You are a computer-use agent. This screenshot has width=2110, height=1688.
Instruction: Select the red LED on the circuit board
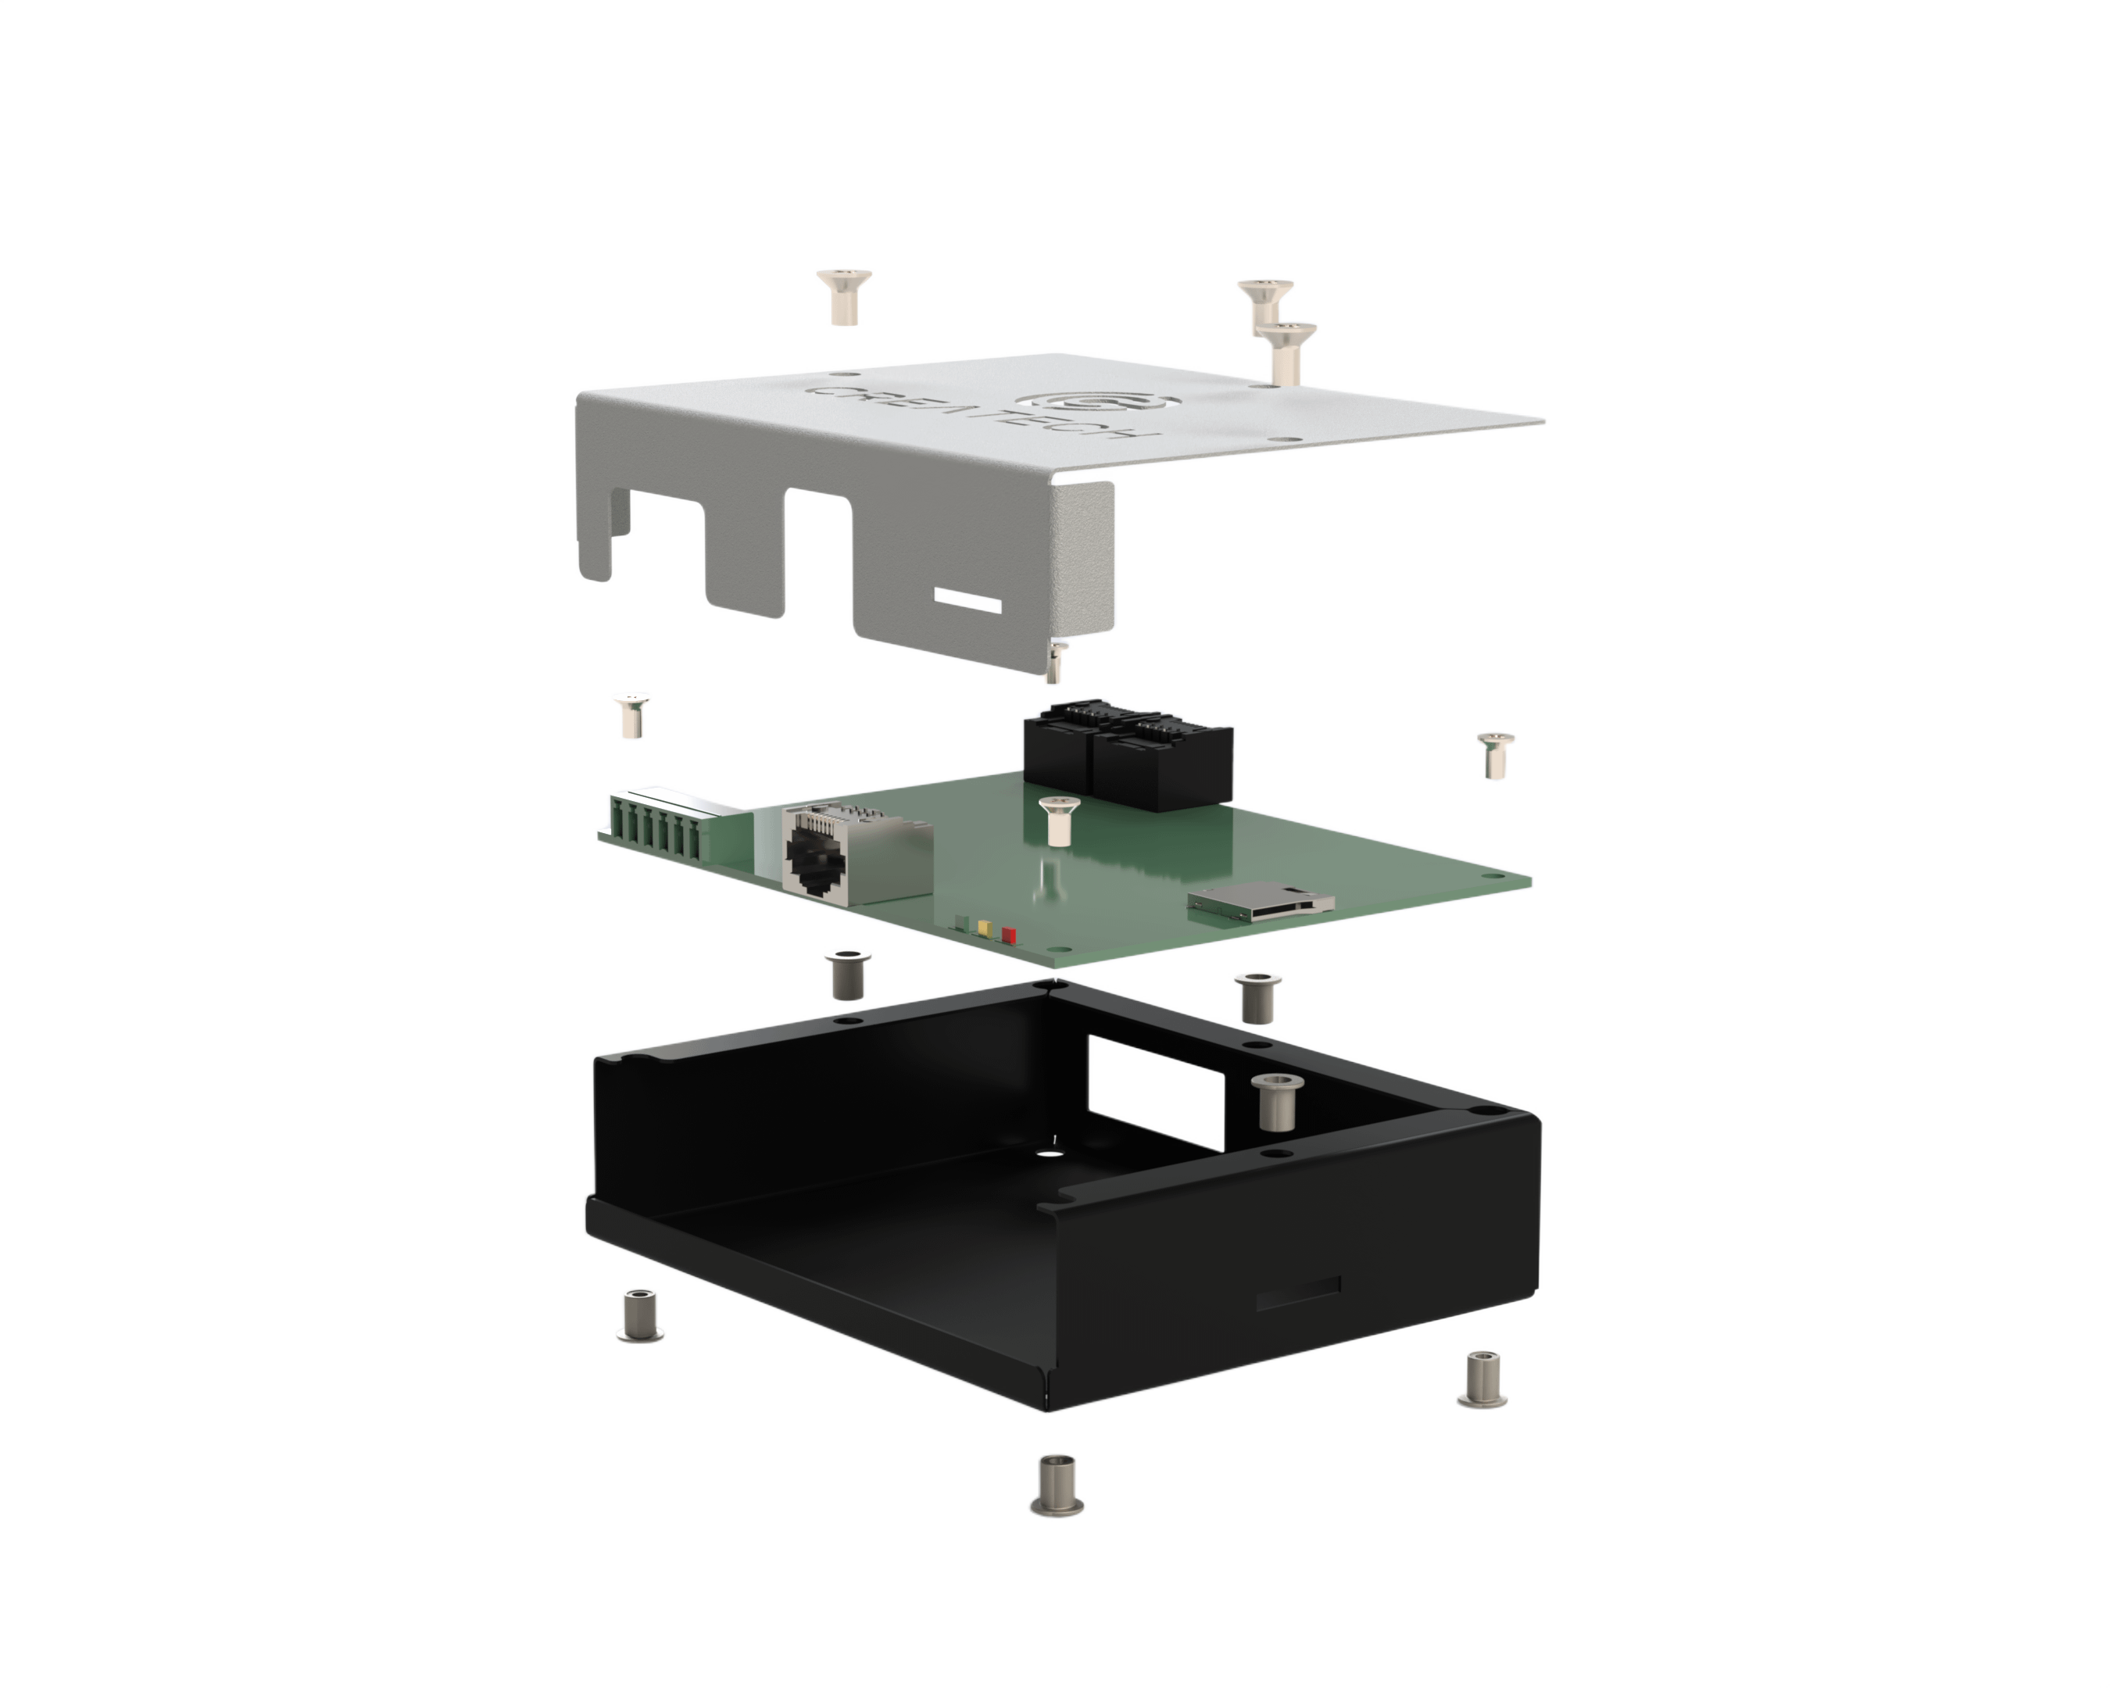tap(1009, 936)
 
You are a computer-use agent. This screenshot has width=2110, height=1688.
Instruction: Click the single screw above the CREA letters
tap(843, 296)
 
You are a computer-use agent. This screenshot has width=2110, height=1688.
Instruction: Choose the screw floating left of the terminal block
tap(632, 717)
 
